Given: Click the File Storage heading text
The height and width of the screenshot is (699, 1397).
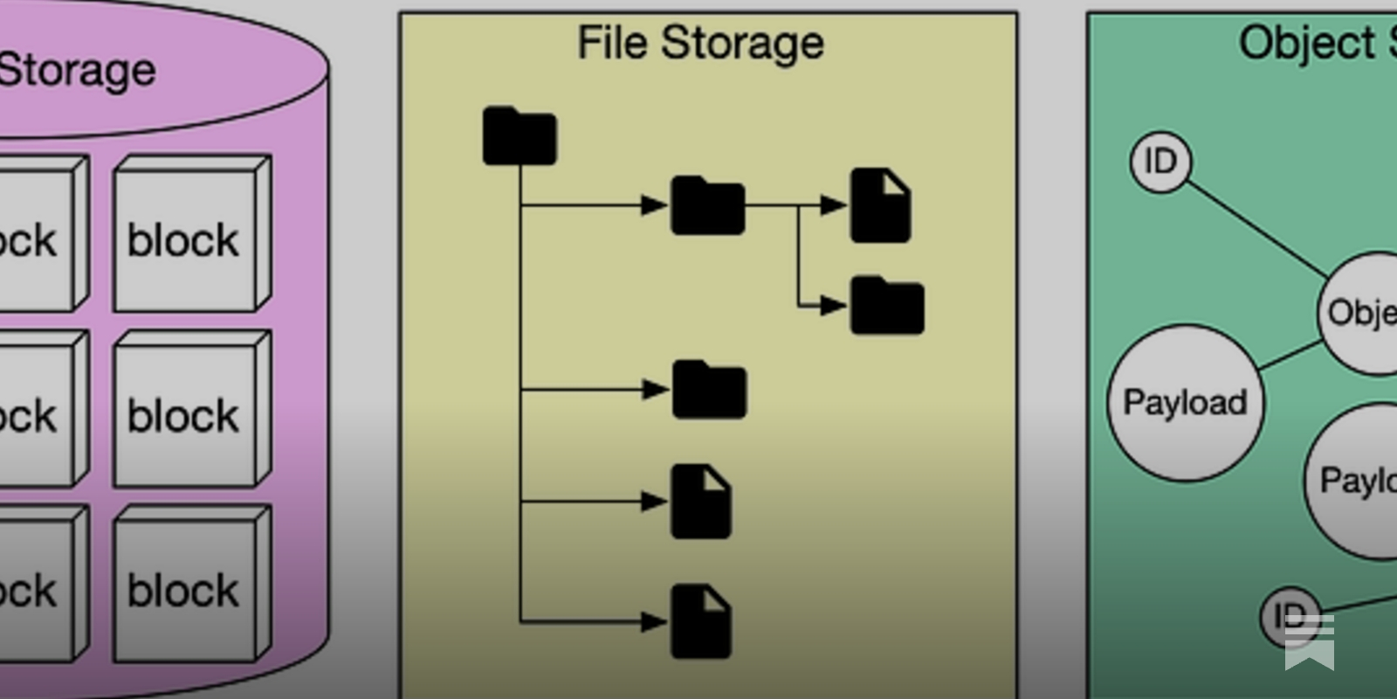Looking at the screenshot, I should (700, 43).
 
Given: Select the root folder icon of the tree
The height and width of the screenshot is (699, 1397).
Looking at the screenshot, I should (520, 136).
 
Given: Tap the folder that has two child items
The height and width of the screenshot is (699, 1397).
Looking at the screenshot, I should (707, 206).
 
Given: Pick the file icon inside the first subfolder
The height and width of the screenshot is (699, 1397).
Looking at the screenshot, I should (880, 205).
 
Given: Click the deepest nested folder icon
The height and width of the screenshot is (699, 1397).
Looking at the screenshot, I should (886, 306).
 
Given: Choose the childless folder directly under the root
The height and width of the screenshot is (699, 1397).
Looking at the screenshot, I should (709, 390).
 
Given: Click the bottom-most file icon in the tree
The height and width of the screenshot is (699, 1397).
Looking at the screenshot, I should (700, 621).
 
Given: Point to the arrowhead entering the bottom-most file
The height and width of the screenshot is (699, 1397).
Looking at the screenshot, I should (654, 622).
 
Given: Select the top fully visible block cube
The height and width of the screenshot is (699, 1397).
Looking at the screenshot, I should (187, 237).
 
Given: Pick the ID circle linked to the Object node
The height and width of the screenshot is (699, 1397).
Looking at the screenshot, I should (1160, 162).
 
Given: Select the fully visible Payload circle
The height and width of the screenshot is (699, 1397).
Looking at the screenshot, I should (1185, 403).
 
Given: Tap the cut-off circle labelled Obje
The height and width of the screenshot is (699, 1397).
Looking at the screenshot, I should (1360, 313).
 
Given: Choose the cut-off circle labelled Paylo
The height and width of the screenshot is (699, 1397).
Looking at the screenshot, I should (1355, 481).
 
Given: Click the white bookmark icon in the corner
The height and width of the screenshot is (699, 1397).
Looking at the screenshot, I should (1310, 641).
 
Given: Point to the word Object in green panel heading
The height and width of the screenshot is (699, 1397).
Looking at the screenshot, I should (1306, 43).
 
